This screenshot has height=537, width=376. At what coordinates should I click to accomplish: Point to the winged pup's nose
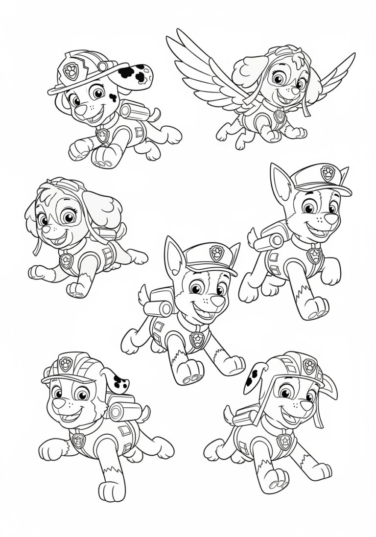point(296,91)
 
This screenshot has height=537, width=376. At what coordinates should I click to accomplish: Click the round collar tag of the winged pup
point(280,116)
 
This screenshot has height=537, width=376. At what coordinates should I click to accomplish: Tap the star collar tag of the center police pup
point(197,340)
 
